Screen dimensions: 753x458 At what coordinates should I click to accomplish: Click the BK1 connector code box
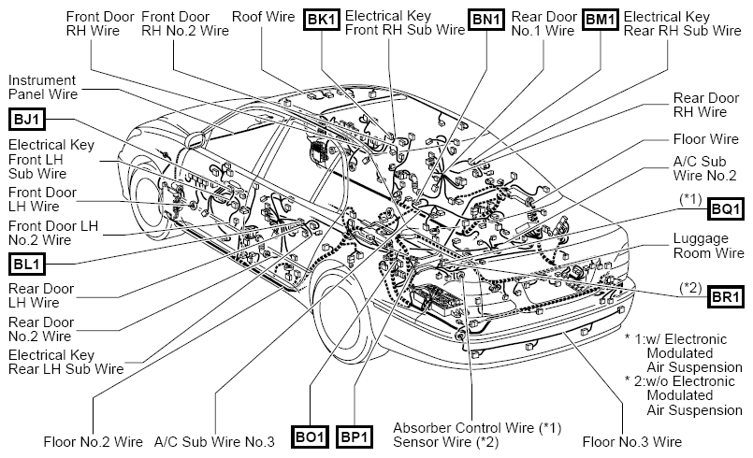[x=322, y=20]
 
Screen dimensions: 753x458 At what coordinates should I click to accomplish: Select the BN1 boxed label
[x=486, y=20]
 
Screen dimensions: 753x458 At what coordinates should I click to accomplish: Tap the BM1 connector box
[x=601, y=20]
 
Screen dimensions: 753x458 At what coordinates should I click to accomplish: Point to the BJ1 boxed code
[x=27, y=119]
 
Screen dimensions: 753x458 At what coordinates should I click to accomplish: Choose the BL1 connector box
[x=27, y=264]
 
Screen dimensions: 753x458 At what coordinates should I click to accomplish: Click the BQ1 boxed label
[x=726, y=208]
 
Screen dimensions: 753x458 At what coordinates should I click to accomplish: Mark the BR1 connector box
[x=726, y=296]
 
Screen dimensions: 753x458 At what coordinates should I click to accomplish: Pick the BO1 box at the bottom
[x=311, y=437]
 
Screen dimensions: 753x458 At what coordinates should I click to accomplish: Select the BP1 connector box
[x=354, y=437]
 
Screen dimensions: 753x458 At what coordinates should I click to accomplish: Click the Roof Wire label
[x=263, y=16]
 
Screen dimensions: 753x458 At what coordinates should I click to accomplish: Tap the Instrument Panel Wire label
[x=43, y=87]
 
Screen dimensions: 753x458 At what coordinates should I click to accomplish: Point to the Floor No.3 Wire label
[x=632, y=442]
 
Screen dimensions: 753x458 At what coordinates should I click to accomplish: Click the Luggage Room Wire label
[x=708, y=245]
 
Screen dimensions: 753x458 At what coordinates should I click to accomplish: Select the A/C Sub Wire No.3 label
[x=214, y=442]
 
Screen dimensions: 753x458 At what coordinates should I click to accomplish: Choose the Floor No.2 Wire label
[x=94, y=442]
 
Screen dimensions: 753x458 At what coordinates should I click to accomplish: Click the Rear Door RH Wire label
[x=706, y=105]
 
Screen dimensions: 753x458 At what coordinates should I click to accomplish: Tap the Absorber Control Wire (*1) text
[x=477, y=427]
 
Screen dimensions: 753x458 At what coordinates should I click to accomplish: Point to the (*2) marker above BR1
[x=690, y=288]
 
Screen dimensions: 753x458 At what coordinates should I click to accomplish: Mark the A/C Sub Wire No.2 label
[x=704, y=168]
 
